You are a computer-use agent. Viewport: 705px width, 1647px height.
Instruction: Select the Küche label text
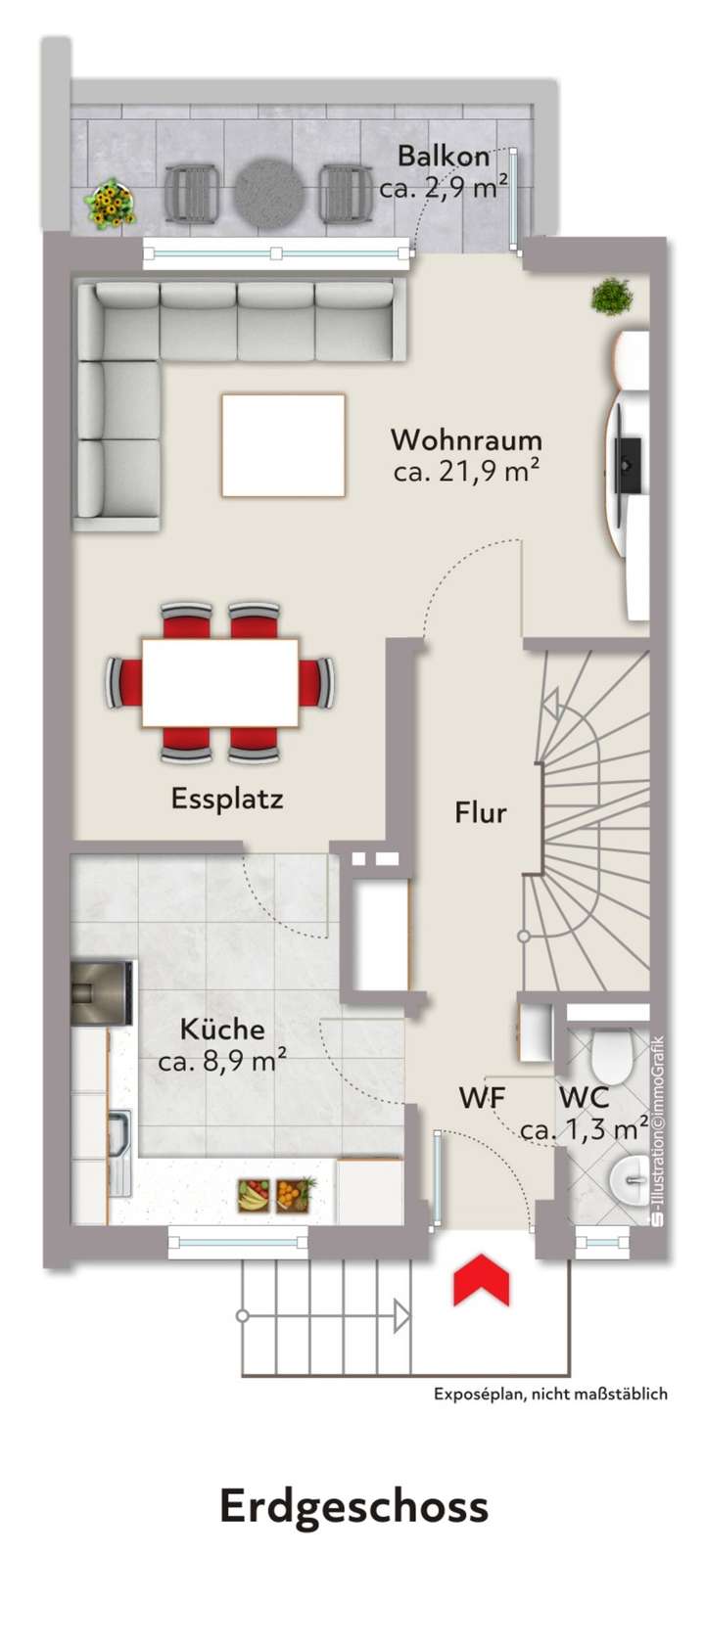222,1029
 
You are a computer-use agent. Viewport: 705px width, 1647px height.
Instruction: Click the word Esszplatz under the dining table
227,799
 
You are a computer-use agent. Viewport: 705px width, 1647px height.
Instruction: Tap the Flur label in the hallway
480,812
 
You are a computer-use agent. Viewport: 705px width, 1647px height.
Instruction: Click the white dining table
220,682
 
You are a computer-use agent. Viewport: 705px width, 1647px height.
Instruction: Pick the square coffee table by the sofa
283,445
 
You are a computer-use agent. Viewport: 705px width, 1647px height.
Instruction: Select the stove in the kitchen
101,993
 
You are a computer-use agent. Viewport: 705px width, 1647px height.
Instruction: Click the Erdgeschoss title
353,1507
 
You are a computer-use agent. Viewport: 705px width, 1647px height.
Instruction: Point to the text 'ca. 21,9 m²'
466,472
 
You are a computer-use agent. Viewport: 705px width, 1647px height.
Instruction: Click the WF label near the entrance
482,1098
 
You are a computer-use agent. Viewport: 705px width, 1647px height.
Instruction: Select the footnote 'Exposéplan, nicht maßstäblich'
550,1395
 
